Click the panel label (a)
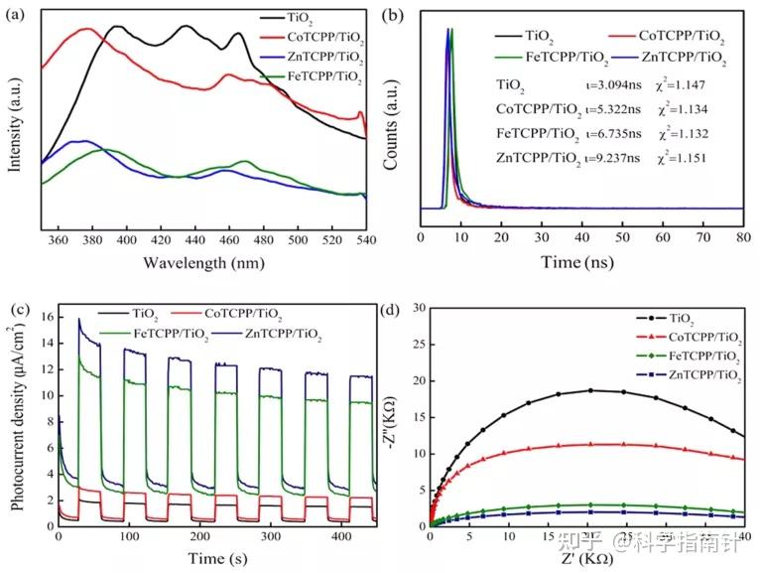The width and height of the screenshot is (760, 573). [x=17, y=13]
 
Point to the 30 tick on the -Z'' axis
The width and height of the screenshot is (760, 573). [x=419, y=309]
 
